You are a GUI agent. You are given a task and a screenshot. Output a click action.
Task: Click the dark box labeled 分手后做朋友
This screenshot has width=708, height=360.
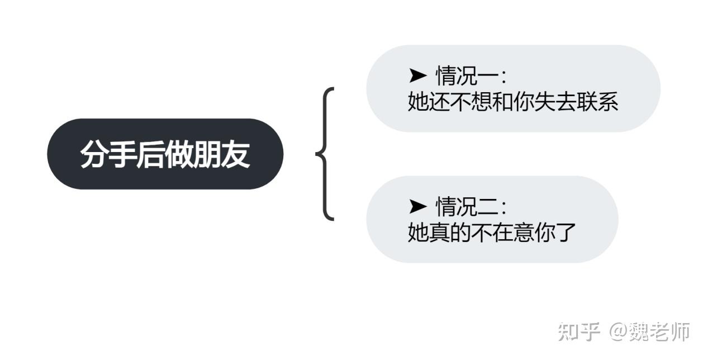[x=165, y=154]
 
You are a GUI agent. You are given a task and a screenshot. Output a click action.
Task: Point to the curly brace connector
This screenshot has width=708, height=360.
[x=325, y=154]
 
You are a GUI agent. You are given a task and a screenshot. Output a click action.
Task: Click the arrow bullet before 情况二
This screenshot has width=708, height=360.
[x=418, y=206]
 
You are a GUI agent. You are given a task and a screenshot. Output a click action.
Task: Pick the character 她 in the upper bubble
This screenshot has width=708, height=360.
[x=418, y=102]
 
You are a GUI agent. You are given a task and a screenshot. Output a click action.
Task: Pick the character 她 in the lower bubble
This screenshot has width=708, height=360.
[x=418, y=233]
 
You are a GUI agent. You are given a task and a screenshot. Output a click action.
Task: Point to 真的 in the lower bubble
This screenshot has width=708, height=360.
[x=449, y=233]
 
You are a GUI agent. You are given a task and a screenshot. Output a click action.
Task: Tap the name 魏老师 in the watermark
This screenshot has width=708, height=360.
[x=660, y=332]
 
